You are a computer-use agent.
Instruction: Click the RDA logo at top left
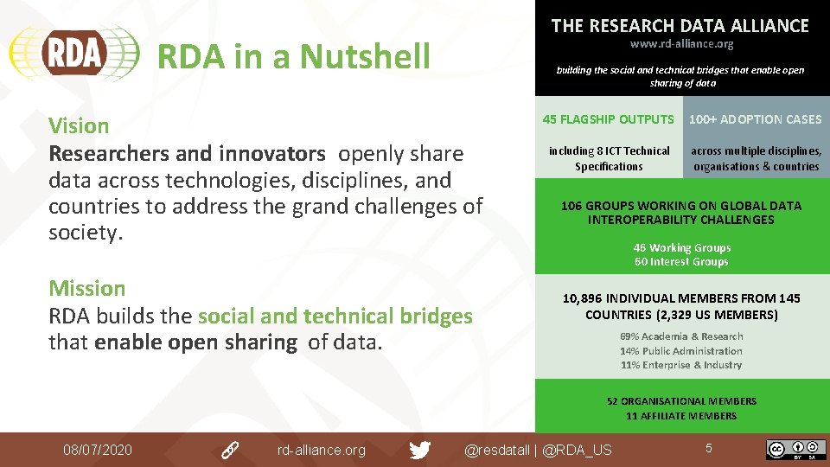(x=74, y=53)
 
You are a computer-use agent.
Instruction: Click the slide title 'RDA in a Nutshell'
(x=293, y=57)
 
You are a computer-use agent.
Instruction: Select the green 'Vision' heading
(x=79, y=125)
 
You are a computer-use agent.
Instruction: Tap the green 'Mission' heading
(x=86, y=288)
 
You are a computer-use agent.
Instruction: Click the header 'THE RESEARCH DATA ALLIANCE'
(x=680, y=26)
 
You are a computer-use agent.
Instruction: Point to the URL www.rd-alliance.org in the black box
(x=681, y=44)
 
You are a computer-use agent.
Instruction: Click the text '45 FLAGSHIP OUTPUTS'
(x=608, y=119)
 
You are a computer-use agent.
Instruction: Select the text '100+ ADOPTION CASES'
(x=756, y=119)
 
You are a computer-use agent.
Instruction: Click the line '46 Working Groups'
(x=681, y=248)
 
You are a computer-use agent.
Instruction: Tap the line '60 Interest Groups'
(x=681, y=262)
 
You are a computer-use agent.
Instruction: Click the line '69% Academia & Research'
(x=681, y=336)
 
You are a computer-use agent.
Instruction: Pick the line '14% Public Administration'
(x=681, y=351)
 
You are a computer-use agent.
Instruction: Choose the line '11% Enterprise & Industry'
(x=681, y=365)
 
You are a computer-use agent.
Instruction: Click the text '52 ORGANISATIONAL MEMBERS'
(x=681, y=401)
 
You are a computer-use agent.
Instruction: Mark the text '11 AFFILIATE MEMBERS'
(x=681, y=416)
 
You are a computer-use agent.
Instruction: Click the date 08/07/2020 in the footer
(x=98, y=450)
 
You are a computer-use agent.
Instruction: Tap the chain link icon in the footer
(x=230, y=450)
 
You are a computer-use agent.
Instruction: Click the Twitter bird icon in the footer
(x=420, y=450)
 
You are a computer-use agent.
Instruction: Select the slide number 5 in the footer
(x=708, y=448)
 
